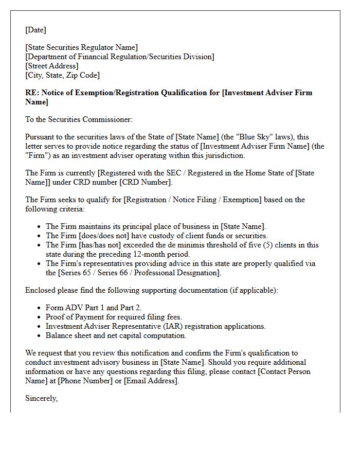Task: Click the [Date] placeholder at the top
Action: coord(35,30)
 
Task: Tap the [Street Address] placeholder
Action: coord(51,66)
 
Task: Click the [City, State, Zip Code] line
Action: coord(62,75)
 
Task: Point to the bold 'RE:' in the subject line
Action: coord(32,93)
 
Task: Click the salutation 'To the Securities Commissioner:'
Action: coord(79,119)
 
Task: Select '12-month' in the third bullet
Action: coord(152,254)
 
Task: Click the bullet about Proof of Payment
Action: coord(114,317)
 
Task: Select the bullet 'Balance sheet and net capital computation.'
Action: coord(116,335)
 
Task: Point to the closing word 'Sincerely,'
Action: coord(41,398)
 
